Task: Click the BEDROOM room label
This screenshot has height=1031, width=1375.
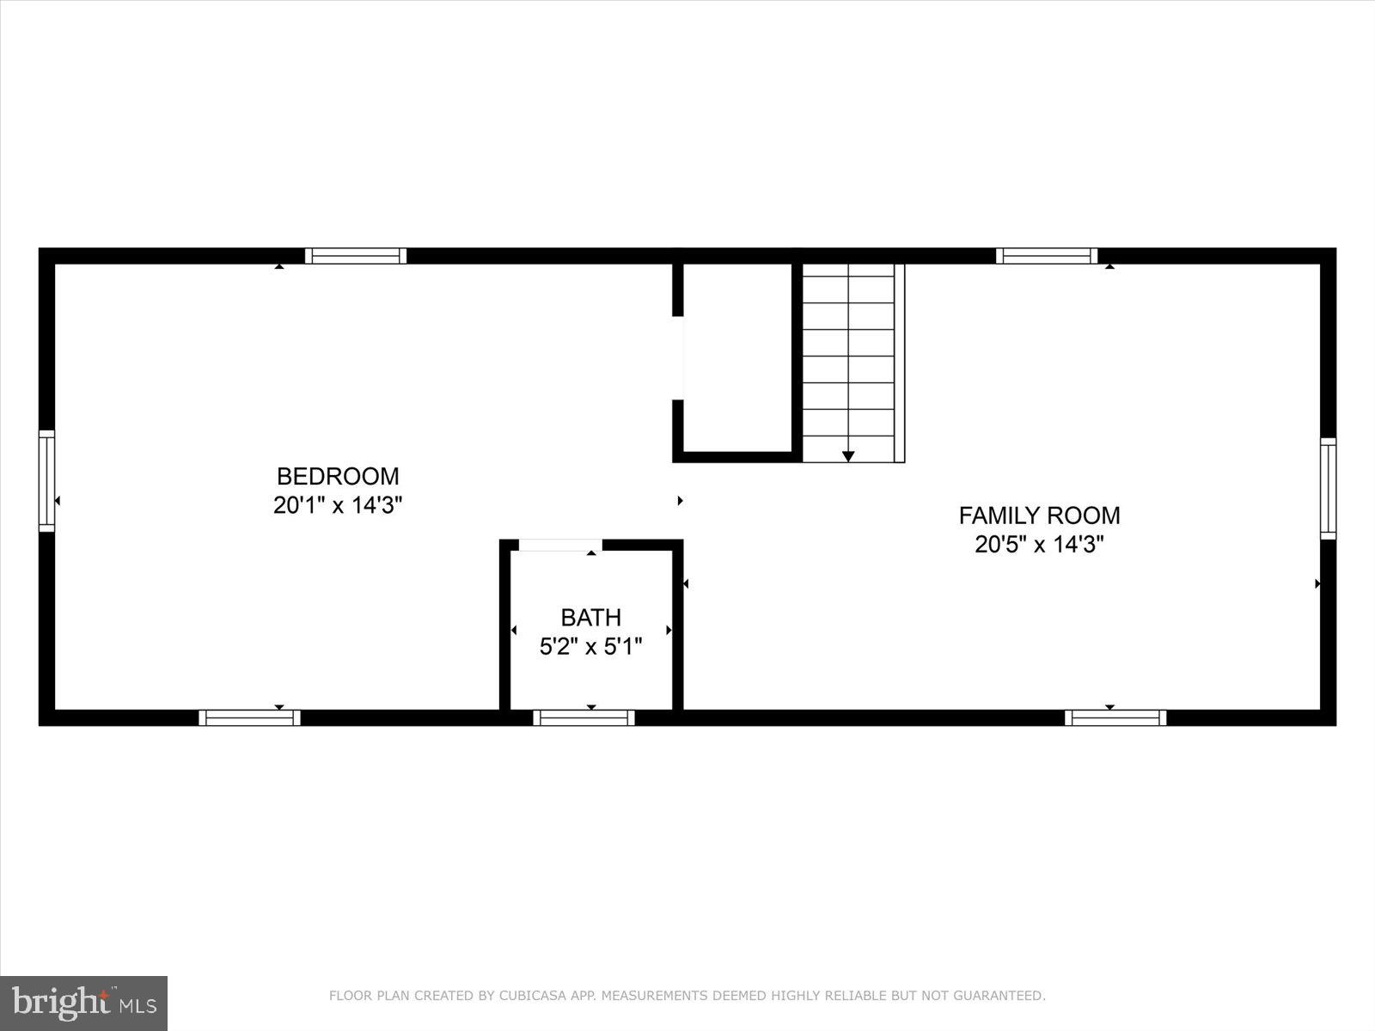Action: click(338, 476)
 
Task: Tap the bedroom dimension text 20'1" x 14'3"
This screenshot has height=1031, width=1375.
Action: click(338, 505)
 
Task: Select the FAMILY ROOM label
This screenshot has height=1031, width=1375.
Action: click(1039, 515)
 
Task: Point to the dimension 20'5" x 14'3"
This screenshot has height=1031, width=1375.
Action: click(1039, 545)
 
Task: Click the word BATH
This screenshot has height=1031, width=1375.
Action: click(590, 617)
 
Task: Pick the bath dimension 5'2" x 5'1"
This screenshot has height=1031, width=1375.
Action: click(590, 646)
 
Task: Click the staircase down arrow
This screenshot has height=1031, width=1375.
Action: click(848, 456)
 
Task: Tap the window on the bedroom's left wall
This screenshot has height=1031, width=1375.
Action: click(46, 481)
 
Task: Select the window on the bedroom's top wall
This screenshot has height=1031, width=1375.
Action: click(356, 255)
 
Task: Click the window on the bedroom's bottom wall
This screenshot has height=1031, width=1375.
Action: click(249, 717)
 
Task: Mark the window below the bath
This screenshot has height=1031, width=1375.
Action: click(584, 717)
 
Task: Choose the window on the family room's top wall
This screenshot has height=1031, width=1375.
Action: click(1046, 255)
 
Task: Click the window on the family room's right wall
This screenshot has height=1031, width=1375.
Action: click(1328, 489)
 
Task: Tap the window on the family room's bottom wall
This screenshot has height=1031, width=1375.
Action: click(1115, 717)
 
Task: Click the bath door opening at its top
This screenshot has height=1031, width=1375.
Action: click(560, 545)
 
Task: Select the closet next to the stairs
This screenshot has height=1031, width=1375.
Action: click(737, 357)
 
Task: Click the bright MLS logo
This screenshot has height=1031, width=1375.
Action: click(84, 1003)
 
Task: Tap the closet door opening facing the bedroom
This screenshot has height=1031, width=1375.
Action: click(678, 357)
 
